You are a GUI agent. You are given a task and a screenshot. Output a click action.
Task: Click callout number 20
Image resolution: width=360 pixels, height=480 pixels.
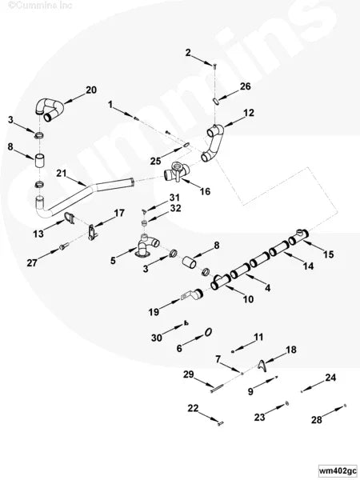tap(91, 90)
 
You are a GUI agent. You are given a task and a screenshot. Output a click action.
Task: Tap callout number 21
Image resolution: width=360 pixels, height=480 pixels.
tap(62, 174)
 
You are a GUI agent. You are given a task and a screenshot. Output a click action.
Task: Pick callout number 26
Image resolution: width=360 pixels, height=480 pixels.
tap(245, 86)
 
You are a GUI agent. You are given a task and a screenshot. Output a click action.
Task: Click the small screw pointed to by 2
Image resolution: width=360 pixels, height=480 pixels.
tap(214, 65)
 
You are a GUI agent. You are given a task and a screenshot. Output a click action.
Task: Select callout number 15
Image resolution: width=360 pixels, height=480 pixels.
tap(329, 254)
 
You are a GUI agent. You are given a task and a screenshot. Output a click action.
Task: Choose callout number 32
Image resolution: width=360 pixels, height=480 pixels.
tap(175, 208)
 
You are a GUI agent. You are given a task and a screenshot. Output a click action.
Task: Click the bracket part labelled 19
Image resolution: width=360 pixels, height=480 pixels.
tap(193, 294)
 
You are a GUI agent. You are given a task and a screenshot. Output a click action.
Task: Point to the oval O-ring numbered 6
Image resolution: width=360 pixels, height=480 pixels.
tap(208, 332)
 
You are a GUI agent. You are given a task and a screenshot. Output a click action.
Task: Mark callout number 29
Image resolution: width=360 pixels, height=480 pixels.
tap(189, 374)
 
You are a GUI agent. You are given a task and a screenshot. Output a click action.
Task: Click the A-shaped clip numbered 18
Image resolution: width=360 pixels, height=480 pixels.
tap(262, 366)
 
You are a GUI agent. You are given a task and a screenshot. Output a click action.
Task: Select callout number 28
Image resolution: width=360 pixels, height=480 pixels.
tap(317, 420)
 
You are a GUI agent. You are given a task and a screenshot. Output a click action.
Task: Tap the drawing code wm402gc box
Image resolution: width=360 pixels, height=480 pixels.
tap(338, 470)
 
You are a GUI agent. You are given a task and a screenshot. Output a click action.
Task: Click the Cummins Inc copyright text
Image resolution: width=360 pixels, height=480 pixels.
tap(39, 6)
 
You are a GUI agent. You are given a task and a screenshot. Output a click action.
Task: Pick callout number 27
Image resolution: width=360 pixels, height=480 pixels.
tap(32, 262)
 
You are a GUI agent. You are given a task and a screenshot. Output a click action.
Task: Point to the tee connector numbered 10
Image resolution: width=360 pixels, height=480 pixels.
tap(221, 282)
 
